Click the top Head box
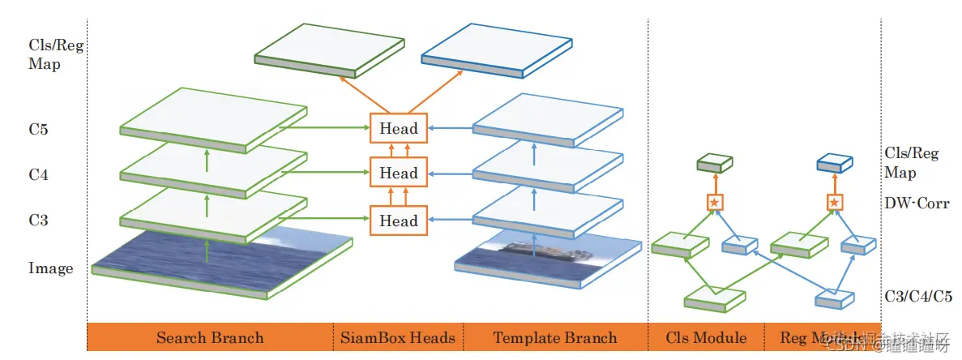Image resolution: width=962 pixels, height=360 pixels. point(399,128)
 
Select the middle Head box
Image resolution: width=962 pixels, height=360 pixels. point(399,173)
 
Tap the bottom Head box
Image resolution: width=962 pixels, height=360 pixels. point(399,221)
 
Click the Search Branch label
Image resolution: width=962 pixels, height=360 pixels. point(210,337)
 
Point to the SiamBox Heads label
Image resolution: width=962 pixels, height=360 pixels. point(398,337)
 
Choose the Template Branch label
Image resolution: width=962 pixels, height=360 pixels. point(555,337)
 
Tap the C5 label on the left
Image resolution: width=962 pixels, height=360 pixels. point(40,128)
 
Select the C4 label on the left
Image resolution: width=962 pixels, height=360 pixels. point(40,174)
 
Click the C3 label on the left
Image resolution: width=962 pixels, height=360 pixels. point(40,219)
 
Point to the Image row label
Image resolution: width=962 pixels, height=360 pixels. point(51,268)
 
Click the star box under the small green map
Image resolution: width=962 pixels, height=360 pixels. point(714,202)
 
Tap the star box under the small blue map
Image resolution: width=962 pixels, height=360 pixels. point(834,202)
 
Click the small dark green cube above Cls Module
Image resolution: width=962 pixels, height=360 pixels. point(715,163)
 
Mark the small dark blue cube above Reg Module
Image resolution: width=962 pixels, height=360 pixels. point(834,163)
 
